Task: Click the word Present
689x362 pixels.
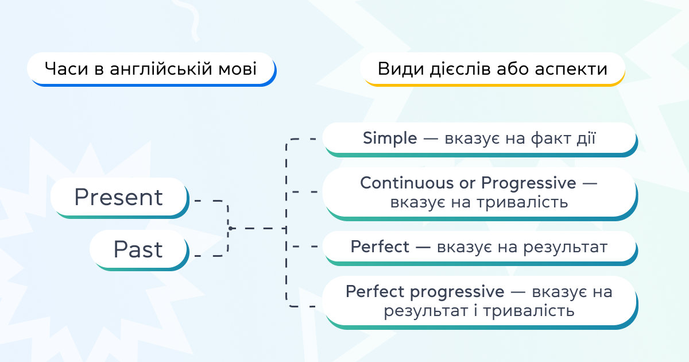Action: (118, 197)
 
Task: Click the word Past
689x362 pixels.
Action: (138, 249)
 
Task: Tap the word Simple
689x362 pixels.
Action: (390, 138)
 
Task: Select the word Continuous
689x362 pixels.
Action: (407, 183)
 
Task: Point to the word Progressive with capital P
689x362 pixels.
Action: (528, 183)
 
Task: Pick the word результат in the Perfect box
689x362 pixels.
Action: (565, 247)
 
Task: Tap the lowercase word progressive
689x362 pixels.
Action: (457, 292)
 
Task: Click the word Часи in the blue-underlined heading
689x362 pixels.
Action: (67, 68)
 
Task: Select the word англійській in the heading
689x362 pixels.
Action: (161, 69)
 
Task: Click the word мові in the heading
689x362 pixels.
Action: (238, 68)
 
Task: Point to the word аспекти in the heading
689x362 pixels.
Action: (571, 69)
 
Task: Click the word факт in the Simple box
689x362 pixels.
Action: (550, 138)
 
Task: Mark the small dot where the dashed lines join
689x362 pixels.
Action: (230, 229)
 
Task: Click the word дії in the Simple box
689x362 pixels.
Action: (586, 138)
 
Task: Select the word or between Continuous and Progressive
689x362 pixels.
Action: (467, 184)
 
